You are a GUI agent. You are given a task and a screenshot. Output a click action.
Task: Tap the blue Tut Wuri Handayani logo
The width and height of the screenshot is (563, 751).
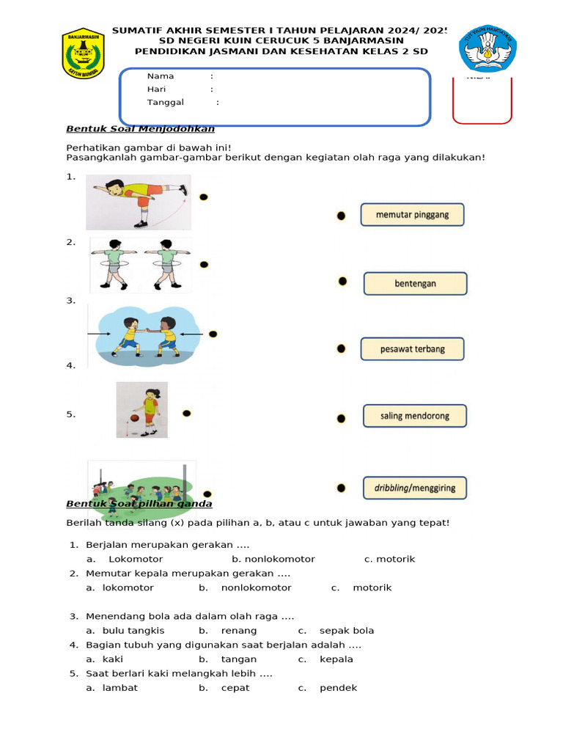click(488, 49)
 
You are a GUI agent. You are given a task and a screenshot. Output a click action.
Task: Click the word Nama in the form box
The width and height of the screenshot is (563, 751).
click(161, 76)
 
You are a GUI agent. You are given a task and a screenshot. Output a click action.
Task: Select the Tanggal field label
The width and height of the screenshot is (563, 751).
click(165, 103)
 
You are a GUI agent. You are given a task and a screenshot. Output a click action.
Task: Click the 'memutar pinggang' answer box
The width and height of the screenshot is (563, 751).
click(412, 215)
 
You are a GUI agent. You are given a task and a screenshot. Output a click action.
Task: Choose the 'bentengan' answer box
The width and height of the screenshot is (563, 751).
click(415, 283)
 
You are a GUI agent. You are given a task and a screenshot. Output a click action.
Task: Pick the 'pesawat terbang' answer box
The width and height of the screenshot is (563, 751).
click(412, 349)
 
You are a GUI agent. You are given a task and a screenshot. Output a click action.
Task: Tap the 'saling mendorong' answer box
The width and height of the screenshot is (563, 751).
click(414, 416)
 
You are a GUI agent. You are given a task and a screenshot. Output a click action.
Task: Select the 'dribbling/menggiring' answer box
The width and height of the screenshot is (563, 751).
click(414, 488)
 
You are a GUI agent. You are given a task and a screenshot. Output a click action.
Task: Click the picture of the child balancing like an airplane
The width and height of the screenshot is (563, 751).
click(139, 201)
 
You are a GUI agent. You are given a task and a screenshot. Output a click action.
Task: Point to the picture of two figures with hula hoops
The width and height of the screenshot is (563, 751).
click(141, 263)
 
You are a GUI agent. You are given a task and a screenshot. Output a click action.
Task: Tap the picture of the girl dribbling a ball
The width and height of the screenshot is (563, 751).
click(142, 409)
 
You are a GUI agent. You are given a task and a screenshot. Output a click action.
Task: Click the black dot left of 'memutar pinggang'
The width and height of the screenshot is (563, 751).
click(341, 216)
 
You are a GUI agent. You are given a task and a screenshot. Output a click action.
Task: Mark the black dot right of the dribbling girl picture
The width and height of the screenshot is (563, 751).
click(186, 414)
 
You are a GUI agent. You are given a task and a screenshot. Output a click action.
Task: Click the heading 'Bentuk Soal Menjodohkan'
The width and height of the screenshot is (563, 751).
click(140, 129)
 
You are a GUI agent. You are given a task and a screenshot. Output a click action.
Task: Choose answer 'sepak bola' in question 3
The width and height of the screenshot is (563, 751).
click(346, 631)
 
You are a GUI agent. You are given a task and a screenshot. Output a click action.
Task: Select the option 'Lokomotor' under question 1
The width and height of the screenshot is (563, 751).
click(130, 559)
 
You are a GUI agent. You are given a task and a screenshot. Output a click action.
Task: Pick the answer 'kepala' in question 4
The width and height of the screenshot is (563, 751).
click(336, 659)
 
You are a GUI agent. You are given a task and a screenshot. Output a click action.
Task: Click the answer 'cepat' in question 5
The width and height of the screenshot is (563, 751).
click(235, 688)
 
